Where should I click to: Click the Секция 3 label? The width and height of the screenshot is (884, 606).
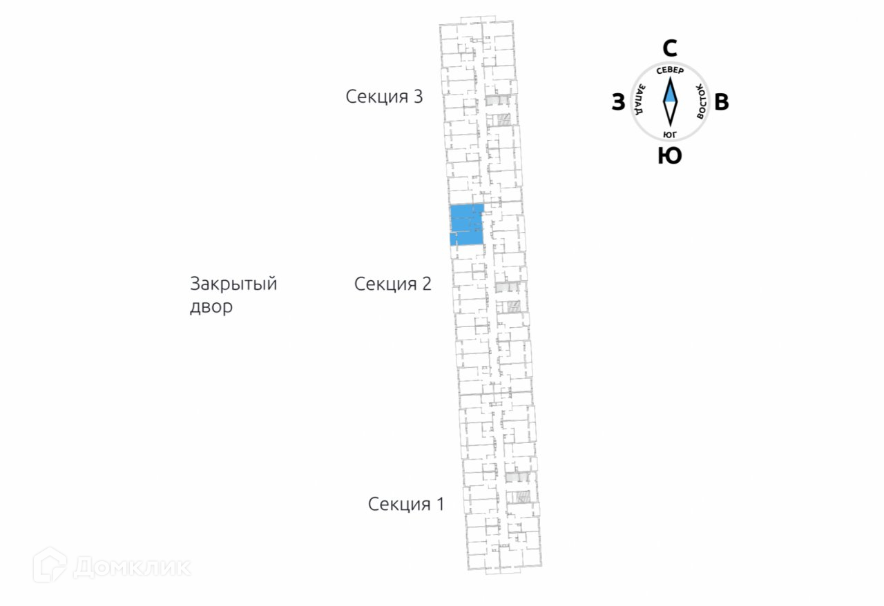(384, 96)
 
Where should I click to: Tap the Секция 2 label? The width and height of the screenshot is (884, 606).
(392, 284)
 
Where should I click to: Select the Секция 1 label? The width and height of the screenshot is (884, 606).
(406, 504)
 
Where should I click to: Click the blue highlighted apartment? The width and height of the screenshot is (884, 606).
(465, 224)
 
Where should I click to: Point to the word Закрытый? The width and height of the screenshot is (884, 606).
(233, 284)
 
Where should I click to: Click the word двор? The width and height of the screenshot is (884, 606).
(211, 306)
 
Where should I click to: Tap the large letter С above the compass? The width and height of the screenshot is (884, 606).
(669, 48)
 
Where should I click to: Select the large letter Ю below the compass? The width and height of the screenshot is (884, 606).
(669, 156)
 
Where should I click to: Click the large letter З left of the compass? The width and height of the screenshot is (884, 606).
(618, 103)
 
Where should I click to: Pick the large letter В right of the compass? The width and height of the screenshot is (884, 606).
(721, 103)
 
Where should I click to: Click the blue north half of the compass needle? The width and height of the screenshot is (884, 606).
(669, 90)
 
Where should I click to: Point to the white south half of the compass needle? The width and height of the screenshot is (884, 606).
(669, 114)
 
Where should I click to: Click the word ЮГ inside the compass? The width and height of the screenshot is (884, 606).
(669, 134)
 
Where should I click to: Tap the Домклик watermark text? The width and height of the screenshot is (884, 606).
(131, 567)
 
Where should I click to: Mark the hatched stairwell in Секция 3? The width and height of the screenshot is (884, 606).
(503, 120)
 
